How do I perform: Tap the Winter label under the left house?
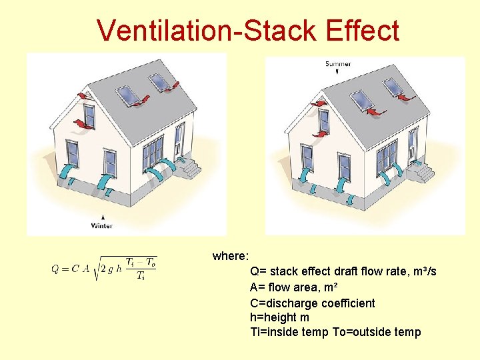pos(102,225)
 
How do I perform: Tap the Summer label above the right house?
pos(338,64)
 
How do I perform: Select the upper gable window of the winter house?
pos(89,116)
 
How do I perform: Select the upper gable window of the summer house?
pos(324,120)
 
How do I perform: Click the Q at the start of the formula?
pos(55,269)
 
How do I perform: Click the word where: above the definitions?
pos(231,256)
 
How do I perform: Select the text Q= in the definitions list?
pos(257,272)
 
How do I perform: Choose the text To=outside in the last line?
pos(360,333)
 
